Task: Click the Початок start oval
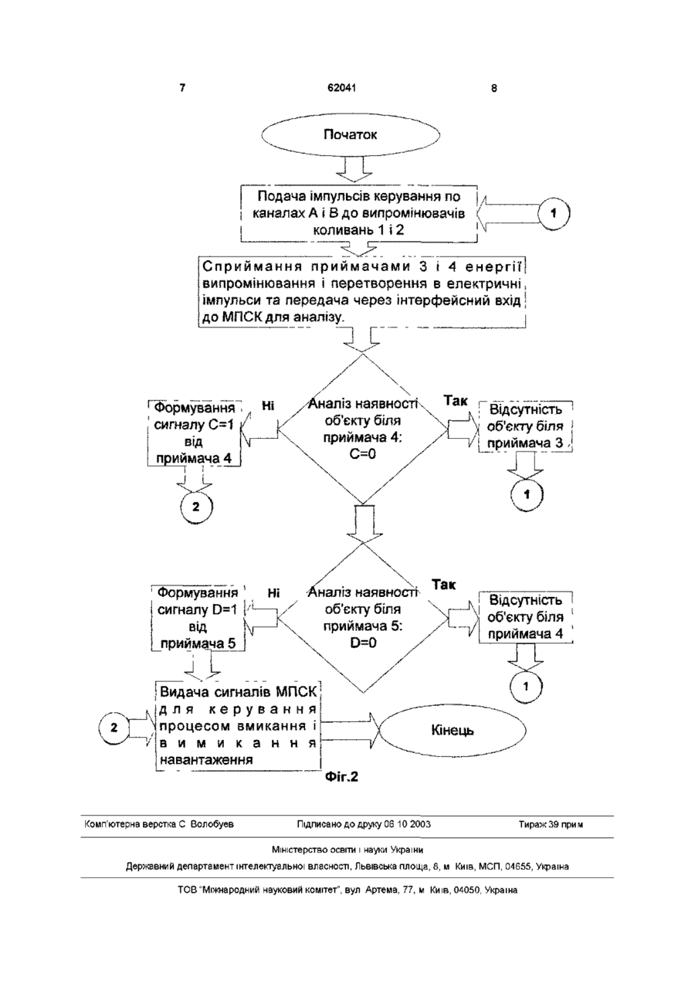click(350, 134)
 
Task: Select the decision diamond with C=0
click(362, 429)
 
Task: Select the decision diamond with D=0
click(363, 618)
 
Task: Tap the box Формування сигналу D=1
click(197, 617)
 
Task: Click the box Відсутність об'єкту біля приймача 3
click(525, 426)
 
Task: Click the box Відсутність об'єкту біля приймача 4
click(525, 617)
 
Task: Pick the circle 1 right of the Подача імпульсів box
click(554, 213)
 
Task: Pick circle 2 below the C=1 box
click(196, 507)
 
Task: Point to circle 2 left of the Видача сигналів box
click(114, 728)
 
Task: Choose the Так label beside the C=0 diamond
click(456, 401)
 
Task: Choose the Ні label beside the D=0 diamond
click(273, 593)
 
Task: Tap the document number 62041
click(342, 88)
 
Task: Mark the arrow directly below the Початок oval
click(355, 169)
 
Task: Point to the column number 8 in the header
click(494, 88)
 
